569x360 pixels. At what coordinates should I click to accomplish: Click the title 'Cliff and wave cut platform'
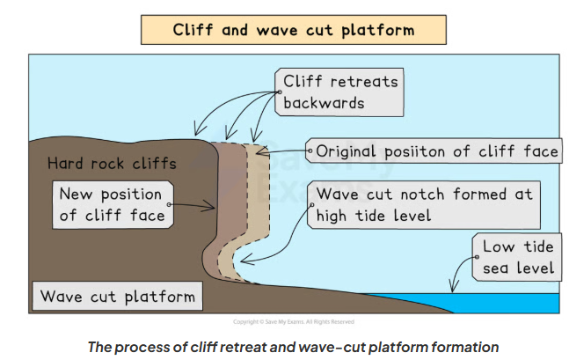point(292,29)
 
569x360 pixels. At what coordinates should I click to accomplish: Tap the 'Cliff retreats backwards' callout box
point(339,92)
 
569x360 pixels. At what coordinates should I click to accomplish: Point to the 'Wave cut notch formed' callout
point(424,204)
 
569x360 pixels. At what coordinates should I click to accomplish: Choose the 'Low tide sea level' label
point(516,256)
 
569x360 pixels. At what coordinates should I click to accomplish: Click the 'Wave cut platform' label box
point(117,296)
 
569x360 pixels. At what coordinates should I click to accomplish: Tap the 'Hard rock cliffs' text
point(111,164)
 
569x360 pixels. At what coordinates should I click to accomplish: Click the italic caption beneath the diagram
point(292,345)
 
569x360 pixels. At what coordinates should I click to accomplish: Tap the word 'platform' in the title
point(377,29)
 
